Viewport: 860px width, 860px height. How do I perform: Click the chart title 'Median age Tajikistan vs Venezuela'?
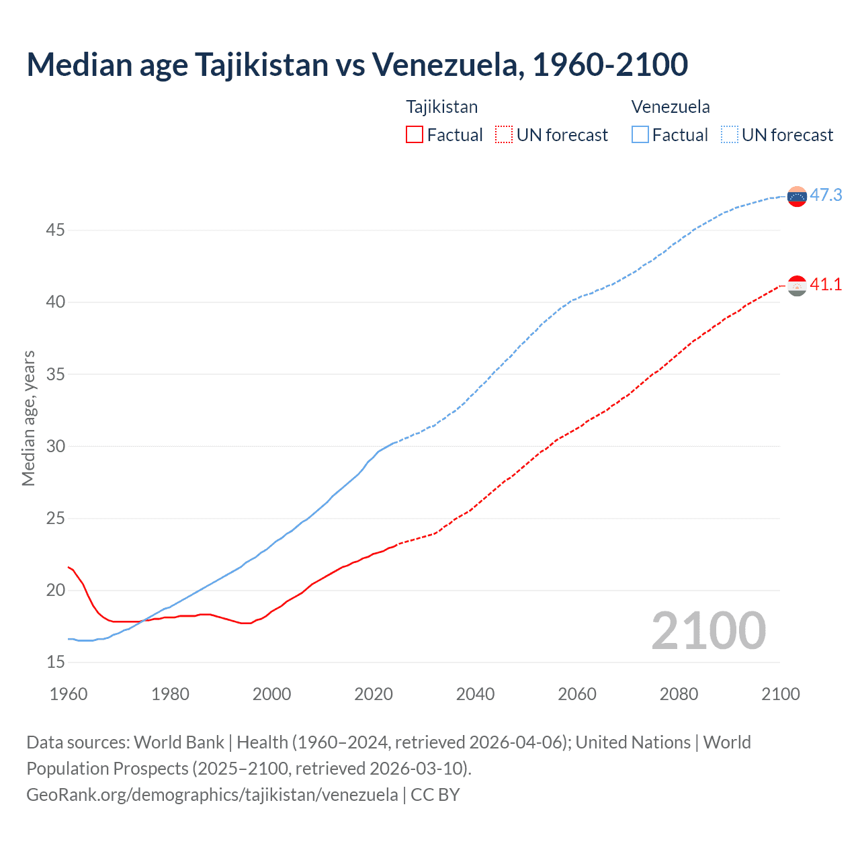tap(357, 64)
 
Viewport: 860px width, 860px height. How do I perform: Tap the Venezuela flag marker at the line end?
tap(797, 196)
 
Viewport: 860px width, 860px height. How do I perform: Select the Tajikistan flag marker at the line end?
tap(797, 286)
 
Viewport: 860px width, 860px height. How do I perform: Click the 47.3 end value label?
tap(826, 195)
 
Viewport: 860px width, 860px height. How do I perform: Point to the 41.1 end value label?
tap(826, 284)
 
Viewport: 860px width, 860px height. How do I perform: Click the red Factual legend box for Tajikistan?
tap(415, 134)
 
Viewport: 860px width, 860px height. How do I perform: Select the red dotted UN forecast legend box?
tap(504, 134)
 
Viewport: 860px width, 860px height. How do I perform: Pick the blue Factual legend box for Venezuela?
tap(640, 134)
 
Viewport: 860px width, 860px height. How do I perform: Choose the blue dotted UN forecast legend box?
tap(730, 134)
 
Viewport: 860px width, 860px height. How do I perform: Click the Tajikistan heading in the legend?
tap(441, 107)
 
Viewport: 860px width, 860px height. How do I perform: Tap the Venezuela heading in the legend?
tap(671, 107)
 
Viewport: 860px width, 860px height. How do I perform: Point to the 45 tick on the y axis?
tap(55, 230)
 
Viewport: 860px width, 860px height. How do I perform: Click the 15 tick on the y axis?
tap(55, 662)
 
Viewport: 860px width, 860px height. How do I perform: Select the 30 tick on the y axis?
tap(55, 446)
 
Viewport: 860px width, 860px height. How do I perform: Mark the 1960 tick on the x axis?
tap(69, 694)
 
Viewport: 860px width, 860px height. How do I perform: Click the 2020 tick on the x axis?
tap(374, 694)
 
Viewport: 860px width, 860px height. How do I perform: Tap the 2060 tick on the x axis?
tap(577, 694)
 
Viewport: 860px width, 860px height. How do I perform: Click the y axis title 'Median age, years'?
tap(28, 418)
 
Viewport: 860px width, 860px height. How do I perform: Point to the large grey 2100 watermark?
tap(708, 630)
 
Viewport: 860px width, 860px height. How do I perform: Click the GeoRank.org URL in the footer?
tap(212, 795)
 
